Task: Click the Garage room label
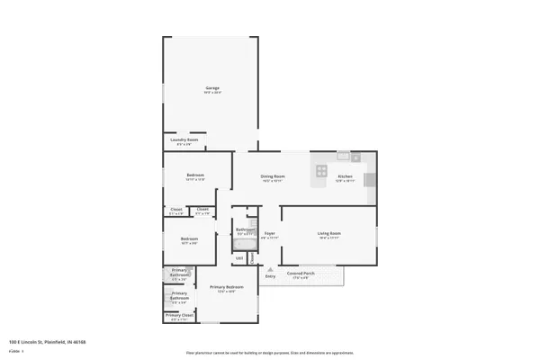click(x=211, y=87)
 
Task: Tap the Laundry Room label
click(x=184, y=139)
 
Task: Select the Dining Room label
click(x=273, y=175)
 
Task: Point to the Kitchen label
click(x=345, y=175)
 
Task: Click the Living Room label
click(x=328, y=233)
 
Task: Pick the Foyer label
click(x=269, y=233)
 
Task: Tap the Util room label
click(x=239, y=258)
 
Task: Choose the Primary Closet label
click(x=179, y=315)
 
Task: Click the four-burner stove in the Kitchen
click(x=321, y=170)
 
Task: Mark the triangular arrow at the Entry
click(x=267, y=267)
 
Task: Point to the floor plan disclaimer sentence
click(x=269, y=352)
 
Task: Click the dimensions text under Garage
click(x=211, y=92)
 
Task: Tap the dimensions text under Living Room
click(x=328, y=238)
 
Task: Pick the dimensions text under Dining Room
click(x=273, y=180)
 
